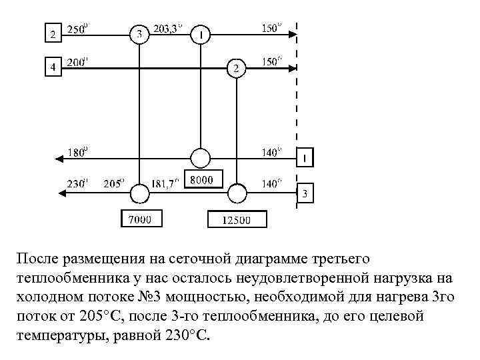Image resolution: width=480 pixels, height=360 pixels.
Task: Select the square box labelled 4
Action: point(52,67)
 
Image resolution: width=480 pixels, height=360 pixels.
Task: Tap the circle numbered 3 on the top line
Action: point(139,33)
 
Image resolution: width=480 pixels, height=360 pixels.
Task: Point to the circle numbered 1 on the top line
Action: point(201,33)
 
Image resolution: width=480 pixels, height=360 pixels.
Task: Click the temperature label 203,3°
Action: point(168,29)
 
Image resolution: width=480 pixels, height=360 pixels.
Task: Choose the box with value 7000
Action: point(141,218)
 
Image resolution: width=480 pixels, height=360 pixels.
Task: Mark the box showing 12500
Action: point(237,219)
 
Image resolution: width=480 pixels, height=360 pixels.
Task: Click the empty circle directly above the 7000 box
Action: point(140,193)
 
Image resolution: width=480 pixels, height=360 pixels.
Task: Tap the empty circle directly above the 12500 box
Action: point(237,193)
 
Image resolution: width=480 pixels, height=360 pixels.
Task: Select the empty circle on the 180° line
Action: point(201,158)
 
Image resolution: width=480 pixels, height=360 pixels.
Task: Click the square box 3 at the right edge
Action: point(305,194)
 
